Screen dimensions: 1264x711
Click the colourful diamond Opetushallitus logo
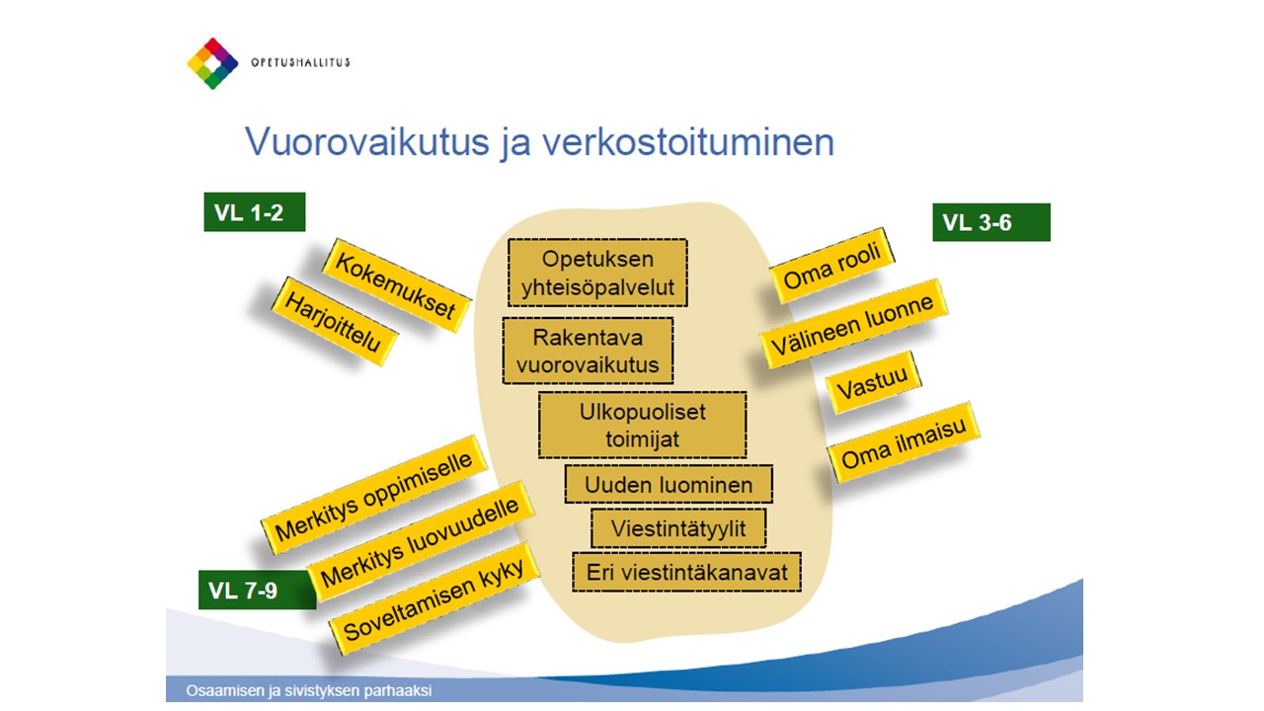coord(212,63)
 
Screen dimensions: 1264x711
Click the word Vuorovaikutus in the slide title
coord(367,141)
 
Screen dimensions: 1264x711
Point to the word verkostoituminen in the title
coord(688,141)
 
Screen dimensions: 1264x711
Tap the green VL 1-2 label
coord(255,212)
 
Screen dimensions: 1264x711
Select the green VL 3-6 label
coord(991,222)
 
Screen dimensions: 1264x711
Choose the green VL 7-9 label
coord(257,591)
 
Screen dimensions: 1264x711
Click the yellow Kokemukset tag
coord(396,285)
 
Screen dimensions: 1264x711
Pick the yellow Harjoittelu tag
coord(334,322)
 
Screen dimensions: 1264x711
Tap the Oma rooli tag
coord(832,266)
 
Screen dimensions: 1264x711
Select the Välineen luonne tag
coord(854,324)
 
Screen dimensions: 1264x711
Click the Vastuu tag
coord(873,382)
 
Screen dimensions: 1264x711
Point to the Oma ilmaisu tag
coord(904,442)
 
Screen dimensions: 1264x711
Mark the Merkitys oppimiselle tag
coord(374,495)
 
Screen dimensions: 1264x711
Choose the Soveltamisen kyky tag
coord(434,598)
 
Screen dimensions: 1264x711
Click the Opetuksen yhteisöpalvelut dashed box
coord(597,273)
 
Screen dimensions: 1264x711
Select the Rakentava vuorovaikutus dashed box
coord(588,351)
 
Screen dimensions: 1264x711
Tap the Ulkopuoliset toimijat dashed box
coord(643,425)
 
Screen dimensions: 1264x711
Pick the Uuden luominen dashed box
coord(669,484)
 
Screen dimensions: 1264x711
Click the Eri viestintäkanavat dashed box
coord(686,572)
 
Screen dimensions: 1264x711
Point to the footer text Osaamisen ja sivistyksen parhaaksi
coord(309,690)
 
